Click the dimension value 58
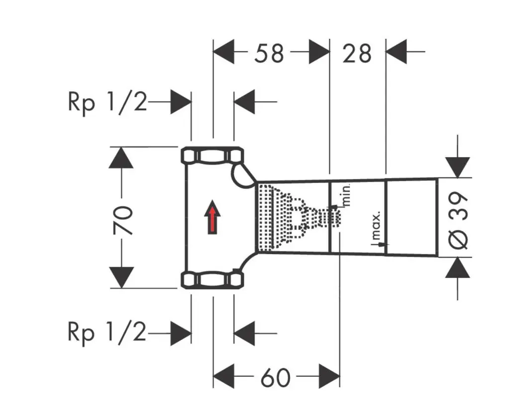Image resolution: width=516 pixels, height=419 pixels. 269,52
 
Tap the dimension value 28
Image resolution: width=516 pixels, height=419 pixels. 357,52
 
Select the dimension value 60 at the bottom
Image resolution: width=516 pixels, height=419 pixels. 275,377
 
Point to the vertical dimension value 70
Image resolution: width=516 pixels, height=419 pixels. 123,219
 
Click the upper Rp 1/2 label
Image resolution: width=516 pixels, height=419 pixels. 107,103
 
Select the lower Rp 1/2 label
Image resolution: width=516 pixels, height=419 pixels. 107,333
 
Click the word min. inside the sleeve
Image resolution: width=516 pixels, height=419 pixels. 347,195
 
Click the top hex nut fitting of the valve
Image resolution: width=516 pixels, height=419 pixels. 211,156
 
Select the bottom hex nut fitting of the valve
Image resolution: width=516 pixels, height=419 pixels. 211,280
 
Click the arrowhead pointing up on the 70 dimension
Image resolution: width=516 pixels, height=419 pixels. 121,158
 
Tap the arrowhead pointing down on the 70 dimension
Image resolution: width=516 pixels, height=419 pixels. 121,277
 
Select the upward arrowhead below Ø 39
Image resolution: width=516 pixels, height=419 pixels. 458,269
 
